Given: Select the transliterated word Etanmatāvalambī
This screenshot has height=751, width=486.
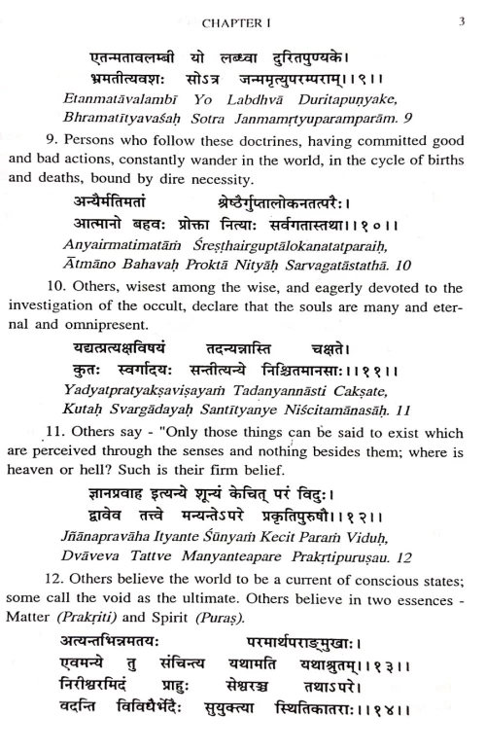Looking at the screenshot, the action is coord(92,98).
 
